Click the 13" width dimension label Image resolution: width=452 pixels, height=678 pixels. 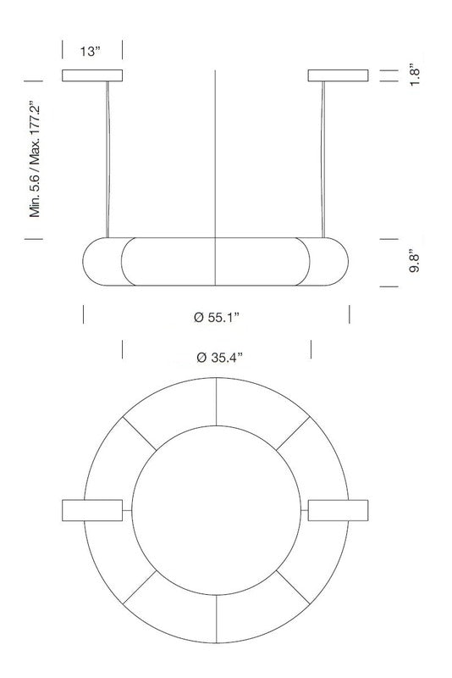click(x=91, y=51)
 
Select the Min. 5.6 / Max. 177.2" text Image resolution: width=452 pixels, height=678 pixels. click(x=35, y=159)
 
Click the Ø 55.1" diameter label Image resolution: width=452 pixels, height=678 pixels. click(x=218, y=318)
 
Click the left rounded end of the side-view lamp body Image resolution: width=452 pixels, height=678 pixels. click(x=102, y=263)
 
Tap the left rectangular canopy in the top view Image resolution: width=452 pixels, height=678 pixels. click(x=91, y=512)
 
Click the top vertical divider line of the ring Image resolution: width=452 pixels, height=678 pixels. click(x=217, y=403)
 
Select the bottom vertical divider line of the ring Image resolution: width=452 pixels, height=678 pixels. click(x=217, y=621)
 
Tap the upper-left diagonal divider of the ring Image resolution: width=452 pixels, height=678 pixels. click(x=139, y=434)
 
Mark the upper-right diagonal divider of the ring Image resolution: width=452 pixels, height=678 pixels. click(x=294, y=434)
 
